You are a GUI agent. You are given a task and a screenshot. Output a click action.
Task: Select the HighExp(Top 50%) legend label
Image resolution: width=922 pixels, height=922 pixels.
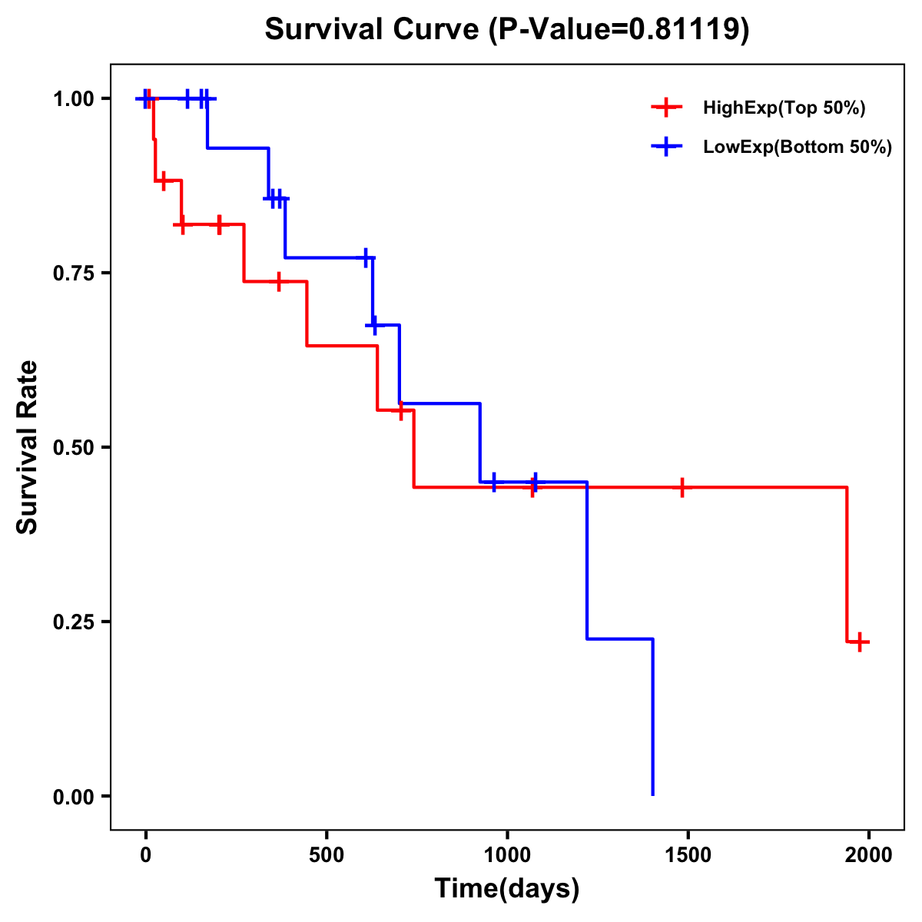[x=784, y=108]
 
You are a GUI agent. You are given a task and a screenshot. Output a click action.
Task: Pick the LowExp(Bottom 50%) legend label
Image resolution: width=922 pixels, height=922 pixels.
[x=798, y=148]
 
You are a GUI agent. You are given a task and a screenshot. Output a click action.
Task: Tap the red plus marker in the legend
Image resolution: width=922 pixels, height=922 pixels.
[x=666, y=108]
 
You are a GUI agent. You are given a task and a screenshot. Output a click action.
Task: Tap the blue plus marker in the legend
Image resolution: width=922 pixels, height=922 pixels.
[x=666, y=147]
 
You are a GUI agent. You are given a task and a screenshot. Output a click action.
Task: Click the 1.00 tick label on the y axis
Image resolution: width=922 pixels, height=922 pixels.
[x=74, y=99]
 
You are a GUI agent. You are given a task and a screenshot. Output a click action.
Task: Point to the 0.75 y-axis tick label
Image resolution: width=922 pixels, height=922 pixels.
[x=74, y=274]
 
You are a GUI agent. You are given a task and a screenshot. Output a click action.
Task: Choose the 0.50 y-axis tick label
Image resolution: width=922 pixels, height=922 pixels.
[x=74, y=448]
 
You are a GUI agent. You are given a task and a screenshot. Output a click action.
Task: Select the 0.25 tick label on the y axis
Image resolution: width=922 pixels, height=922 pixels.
[x=74, y=622]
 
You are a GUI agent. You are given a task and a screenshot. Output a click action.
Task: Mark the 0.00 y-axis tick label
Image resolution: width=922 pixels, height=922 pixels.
[x=74, y=797]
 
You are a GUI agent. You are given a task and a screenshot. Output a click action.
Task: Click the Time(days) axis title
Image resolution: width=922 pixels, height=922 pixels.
[x=507, y=889]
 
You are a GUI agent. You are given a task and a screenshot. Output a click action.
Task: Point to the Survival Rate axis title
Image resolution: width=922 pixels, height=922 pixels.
[x=28, y=447]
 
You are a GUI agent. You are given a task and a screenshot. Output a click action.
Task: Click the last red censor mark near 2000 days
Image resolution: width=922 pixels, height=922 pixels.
[x=860, y=642]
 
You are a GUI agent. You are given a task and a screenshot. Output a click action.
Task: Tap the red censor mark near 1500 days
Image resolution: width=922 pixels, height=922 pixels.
[x=682, y=487]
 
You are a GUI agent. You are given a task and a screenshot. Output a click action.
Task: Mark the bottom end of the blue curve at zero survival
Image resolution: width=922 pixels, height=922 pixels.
[x=652, y=794]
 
